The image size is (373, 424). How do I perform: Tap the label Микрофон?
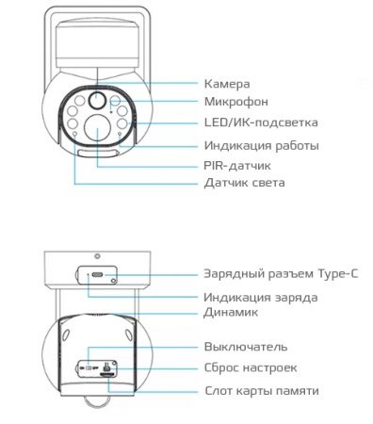click(x=235, y=102)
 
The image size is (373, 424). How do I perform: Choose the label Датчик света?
click(x=244, y=182)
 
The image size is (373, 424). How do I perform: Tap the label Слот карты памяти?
click(x=261, y=390)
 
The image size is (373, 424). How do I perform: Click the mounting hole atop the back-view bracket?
click(x=96, y=254)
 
